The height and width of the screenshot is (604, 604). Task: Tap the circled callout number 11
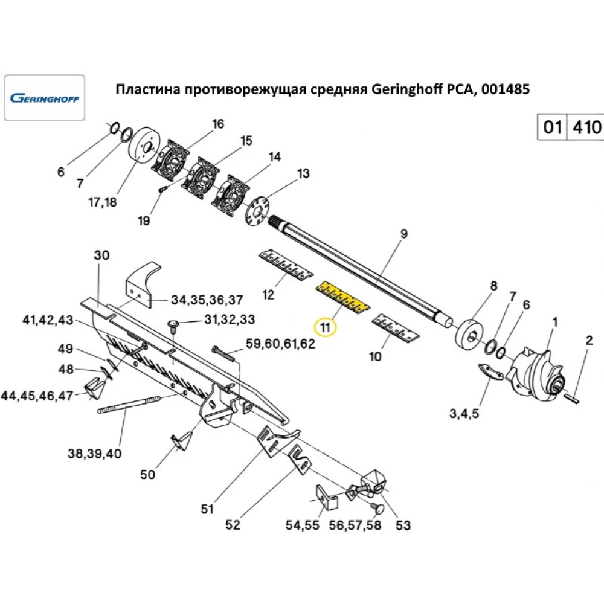pos(326,328)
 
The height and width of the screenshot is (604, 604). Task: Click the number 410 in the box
pos(585,127)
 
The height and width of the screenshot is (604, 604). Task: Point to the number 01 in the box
pos(552,127)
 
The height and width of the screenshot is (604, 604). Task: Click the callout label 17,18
pos(101,202)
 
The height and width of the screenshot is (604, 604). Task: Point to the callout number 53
pos(402,525)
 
